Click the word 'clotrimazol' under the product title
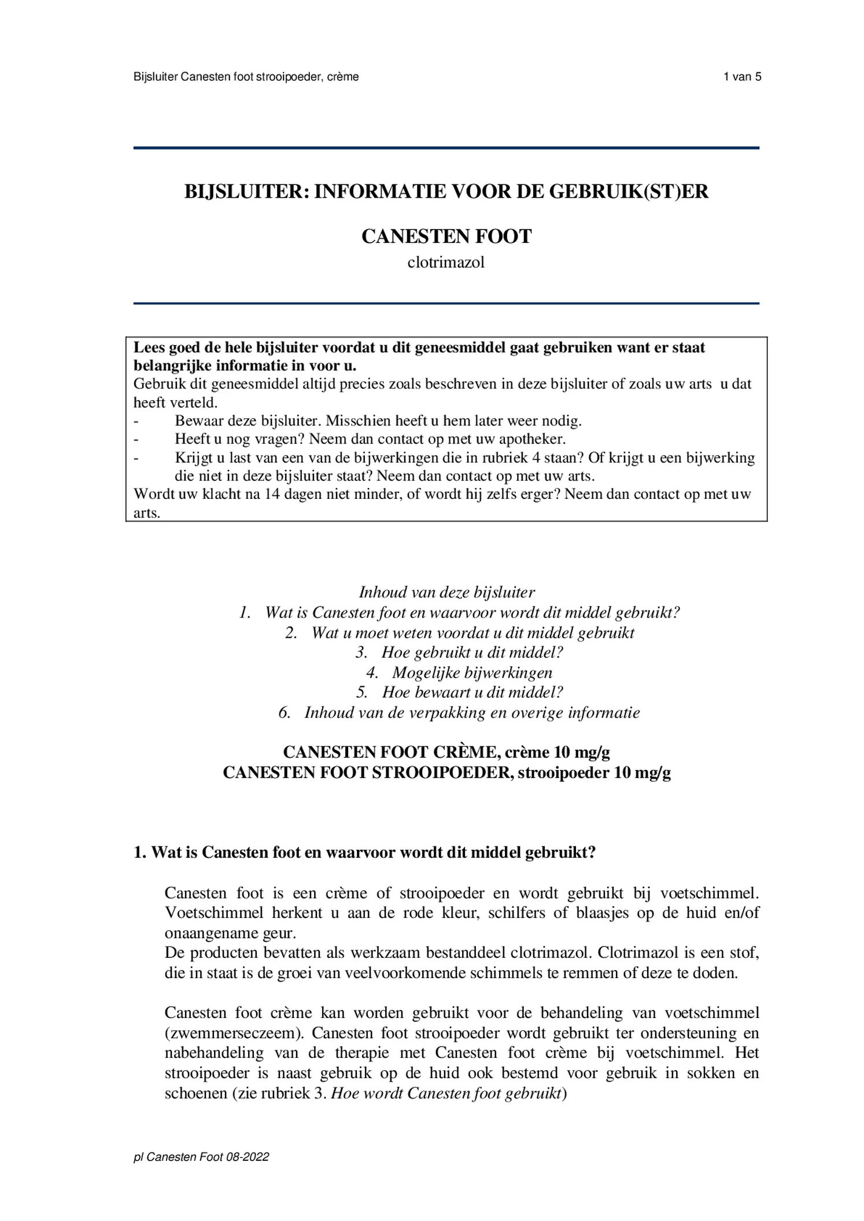[x=445, y=262]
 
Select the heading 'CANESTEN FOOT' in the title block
[x=446, y=236]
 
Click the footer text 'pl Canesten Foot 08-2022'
[x=201, y=1157]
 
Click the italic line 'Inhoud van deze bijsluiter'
[x=446, y=592]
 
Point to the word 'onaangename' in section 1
[x=211, y=933]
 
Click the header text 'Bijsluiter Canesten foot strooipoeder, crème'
[x=246, y=77]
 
